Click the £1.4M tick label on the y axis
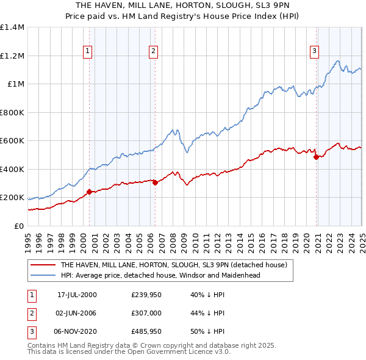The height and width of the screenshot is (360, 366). click(x=12, y=27)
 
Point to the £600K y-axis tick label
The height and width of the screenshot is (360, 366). click(x=12, y=141)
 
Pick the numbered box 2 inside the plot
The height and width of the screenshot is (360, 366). click(x=153, y=51)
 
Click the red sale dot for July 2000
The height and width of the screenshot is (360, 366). click(x=90, y=192)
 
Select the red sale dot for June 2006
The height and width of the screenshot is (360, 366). click(x=155, y=182)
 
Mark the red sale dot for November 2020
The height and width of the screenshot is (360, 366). click(x=316, y=157)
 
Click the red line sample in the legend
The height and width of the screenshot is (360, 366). click(x=43, y=265)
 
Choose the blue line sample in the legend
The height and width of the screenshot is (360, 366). click(x=43, y=275)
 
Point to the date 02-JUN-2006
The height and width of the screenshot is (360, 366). click(x=77, y=312)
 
